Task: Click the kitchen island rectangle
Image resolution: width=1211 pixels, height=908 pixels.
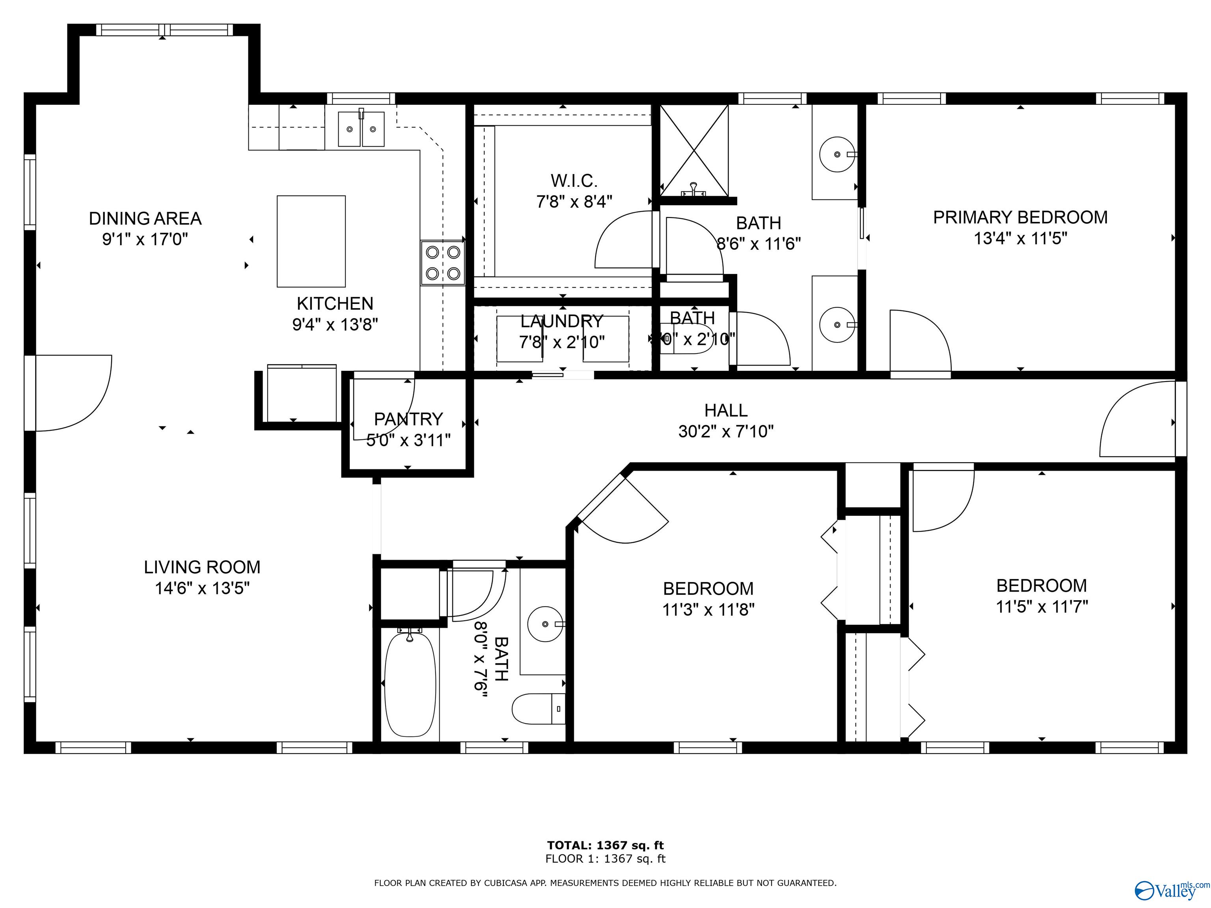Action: point(311,241)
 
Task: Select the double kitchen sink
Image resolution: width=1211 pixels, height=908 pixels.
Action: point(361,129)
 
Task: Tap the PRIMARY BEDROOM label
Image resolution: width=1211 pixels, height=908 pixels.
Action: point(1020,217)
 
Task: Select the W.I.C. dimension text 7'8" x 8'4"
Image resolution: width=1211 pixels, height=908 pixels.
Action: point(574,201)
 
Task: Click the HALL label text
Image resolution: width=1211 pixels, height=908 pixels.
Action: point(725,410)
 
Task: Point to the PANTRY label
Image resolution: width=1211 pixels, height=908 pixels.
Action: point(408,419)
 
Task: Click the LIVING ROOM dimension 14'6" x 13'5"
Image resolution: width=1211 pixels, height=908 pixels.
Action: point(202,588)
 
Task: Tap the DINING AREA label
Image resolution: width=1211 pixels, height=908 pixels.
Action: point(145,218)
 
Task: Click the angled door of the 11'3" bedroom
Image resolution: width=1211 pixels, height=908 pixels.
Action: point(624,509)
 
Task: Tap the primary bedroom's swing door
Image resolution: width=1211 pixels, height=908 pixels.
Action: point(920,342)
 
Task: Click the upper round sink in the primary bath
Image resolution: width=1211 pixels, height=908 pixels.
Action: point(837,154)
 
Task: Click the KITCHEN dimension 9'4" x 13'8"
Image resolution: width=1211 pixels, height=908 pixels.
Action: point(335,325)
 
